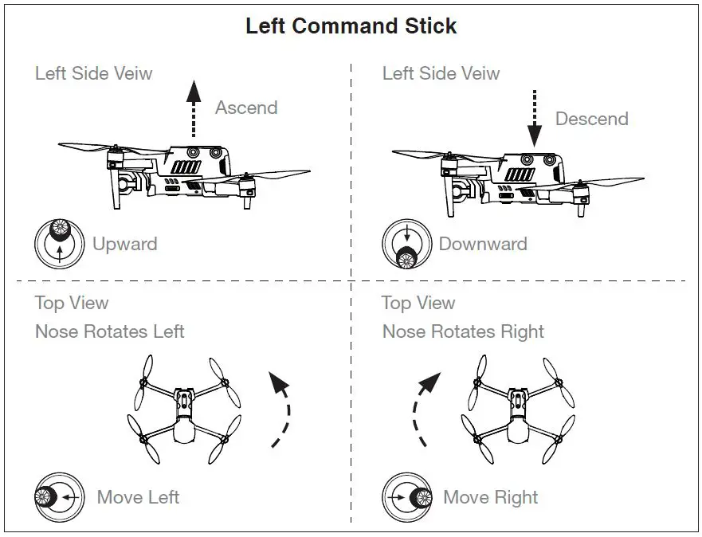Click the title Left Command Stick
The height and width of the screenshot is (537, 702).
pyautogui.click(x=351, y=25)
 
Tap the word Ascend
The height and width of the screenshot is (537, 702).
pyautogui.click(x=246, y=108)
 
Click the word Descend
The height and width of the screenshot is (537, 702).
pyautogui.click(x=591, y=119)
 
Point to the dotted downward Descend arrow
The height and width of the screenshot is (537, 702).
pyautogui.click(x=535, y=117)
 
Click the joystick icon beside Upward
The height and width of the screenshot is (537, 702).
pyautogui.click(x=59, y=243)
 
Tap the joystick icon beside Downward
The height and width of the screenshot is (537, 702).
pyautogui.click(x=406, y=244)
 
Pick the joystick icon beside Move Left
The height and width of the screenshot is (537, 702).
pyautogui.click(x=59, y=497)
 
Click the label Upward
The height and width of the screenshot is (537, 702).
pyautogui.click(x=124, y=244)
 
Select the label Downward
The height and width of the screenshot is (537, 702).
pyautogui.click(x=483, y=244)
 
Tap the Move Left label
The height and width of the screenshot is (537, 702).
pyautogui.click(x=138, y=498)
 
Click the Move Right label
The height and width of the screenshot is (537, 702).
pyautogui.click(x=491, y=498)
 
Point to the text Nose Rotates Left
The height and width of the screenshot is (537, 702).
pyautogui.click(x=110, y=331)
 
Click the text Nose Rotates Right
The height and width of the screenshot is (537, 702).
pyautogui.click(x=463, y=331)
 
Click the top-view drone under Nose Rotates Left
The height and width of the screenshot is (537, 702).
pyautogui.click(x=185, y=410)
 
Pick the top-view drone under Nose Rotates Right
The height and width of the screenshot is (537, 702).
pyautogui.click(x=518, y=410)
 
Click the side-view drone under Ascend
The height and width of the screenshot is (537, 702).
pyautogui.click(x=183, y=172)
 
